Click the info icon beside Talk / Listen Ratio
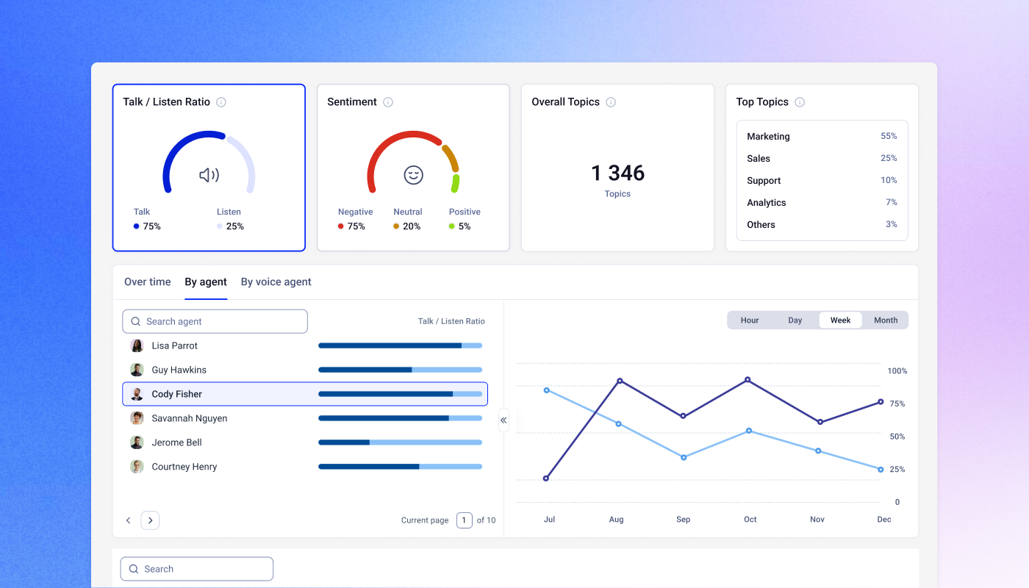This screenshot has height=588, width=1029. [221, 102]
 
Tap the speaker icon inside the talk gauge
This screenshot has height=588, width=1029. [209, 175]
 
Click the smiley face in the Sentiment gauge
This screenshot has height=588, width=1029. [413, 175]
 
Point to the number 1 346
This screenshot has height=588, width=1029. [617, 173]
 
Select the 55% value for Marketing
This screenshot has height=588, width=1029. [889, 136]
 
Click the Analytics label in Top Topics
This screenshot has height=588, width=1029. [766, 203]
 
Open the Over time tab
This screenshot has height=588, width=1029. [148, 282]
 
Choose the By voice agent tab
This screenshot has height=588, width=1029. [276, 282]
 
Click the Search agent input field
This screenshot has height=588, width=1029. [215, 322]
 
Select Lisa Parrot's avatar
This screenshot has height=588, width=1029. [137, 345]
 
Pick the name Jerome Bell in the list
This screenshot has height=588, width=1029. [177, 442]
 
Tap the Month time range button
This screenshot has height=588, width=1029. [886, 320]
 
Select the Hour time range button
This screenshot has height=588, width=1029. [750, 320]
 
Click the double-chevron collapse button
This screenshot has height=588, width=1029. [503, 420]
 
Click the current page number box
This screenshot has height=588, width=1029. [464, 520]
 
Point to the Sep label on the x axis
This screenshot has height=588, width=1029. [683, 519]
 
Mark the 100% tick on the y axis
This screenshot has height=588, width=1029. [897, 370]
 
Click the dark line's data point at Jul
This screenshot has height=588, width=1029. [545, 478]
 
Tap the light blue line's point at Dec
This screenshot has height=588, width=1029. [881, 470]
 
